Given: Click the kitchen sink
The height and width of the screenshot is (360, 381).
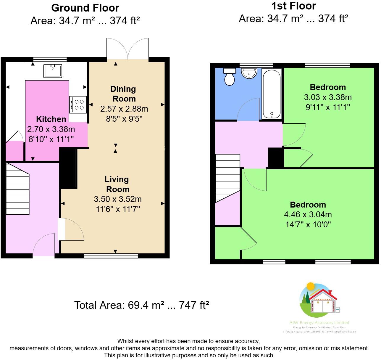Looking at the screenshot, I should point(53,71).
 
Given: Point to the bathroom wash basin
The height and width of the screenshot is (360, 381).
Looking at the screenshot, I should point(249,73).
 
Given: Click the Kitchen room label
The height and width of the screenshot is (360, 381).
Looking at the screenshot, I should point(51,119).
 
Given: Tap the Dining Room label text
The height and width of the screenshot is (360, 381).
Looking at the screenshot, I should point(123,94).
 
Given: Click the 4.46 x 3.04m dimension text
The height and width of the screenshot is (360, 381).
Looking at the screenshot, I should point(308,214).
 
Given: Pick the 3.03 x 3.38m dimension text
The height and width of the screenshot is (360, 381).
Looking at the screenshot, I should point(327,97).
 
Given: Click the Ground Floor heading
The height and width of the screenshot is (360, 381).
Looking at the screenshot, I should point(85,8).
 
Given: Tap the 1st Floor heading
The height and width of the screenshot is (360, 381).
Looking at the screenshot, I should point(293,6).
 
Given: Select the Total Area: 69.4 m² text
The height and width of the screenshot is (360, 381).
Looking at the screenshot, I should point(141,305).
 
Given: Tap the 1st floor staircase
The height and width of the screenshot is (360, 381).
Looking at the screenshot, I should point(227,178).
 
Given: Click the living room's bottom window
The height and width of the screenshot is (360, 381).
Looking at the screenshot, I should point(111,256).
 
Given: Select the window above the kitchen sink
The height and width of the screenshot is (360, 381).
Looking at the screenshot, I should point(50,59).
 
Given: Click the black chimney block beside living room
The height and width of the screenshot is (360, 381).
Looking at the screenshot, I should point(68,168).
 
